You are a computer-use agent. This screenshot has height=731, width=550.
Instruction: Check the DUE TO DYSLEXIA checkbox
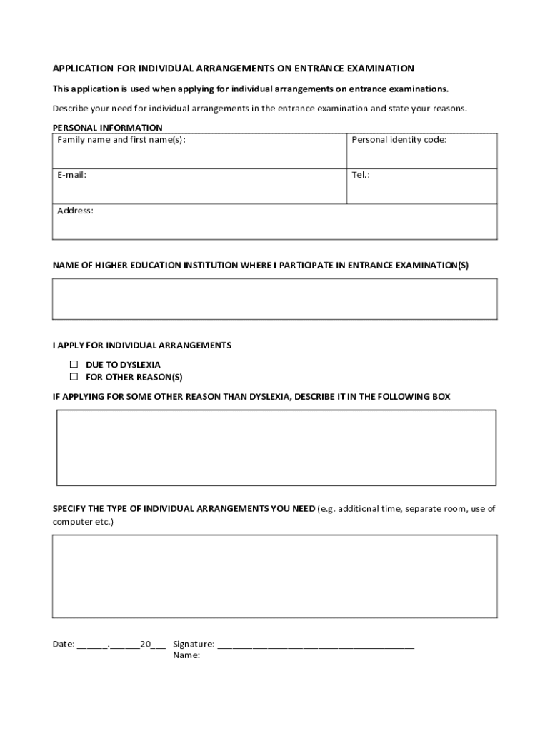click(x=74, y=364)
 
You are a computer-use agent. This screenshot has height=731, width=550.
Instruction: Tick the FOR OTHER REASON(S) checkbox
click(x=74, y=376)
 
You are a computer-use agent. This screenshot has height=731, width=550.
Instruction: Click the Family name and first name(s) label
click(x=121, y=140)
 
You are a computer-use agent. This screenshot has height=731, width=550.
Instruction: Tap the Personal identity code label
click(x=399, y=140)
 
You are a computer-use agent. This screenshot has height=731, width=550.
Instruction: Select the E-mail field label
click(x=72, y=175)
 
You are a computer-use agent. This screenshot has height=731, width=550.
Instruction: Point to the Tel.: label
click(x=361, y=175)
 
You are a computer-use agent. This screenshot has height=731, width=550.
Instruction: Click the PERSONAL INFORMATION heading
click(x=107, y=128)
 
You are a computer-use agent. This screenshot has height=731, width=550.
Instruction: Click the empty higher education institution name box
click(x=275, y=298)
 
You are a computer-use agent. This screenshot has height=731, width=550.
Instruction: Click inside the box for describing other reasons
click(x=276, y=448)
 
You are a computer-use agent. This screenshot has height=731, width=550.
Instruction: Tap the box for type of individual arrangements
click(x=275, y=576)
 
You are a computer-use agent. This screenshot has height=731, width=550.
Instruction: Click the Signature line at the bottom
click(x=315, y=645)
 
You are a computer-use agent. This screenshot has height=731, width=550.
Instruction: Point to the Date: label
click(x=64, y=644)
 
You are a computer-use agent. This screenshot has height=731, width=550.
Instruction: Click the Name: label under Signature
click(x=186, y=655)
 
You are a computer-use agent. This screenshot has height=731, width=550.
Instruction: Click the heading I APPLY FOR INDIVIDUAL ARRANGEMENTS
click(x=141, y=346)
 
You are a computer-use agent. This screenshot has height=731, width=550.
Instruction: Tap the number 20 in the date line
click(x=145, y=644)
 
